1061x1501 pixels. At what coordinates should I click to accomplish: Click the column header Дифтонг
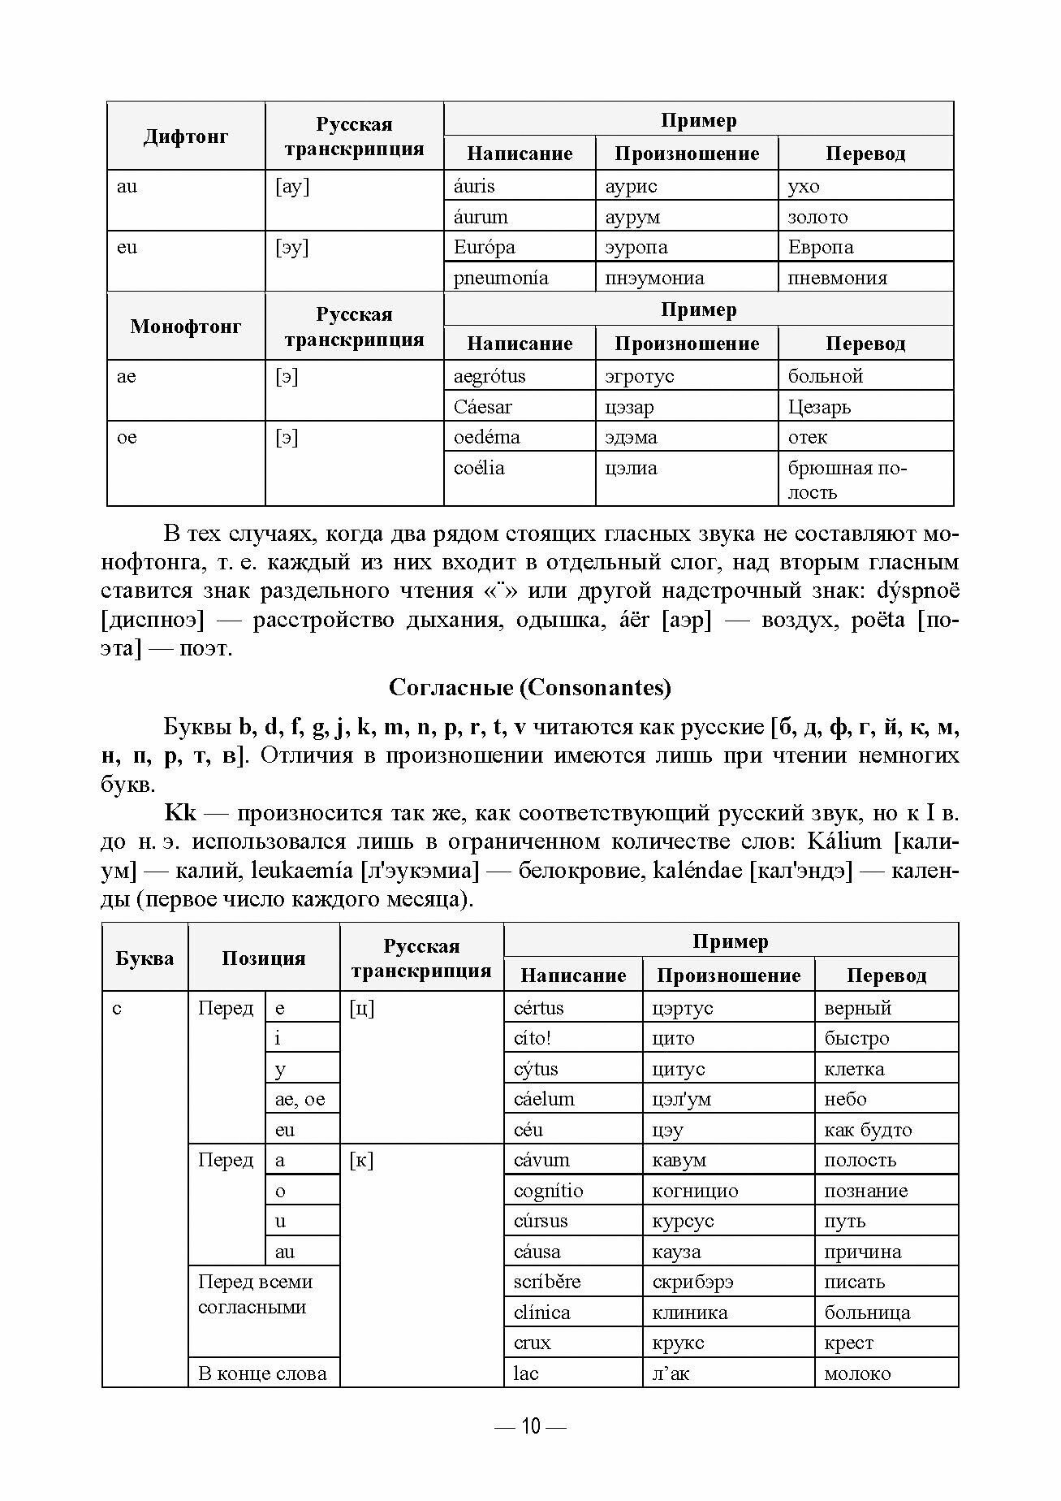[x=186, y=136]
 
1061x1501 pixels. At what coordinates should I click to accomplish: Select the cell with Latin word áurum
[x=481, y=217]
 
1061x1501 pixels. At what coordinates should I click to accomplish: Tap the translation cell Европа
[x=820, y=247]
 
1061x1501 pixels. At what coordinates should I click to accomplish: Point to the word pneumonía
[x=500, y=278]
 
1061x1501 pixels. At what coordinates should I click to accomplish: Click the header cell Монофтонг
[x=186, y=327]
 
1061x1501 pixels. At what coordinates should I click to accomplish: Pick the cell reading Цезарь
[x=819, y=407]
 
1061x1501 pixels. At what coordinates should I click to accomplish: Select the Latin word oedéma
[x=486, y=437]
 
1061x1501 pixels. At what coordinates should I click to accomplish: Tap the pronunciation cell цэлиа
[x=631, y=468]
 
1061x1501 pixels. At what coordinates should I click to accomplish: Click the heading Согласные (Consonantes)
[x=530, y=688]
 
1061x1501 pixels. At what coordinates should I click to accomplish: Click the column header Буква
[x=144, y=958]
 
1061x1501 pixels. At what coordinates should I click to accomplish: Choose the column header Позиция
[x=263, y=958]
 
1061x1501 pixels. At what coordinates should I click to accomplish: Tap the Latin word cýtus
[x=536, y=1069]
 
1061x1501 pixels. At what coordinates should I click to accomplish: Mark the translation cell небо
[x=845, y=1099]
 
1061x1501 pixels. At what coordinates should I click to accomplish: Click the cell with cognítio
[x=548, y=1191]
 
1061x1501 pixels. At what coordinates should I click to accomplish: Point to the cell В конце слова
[x=262, y=1373]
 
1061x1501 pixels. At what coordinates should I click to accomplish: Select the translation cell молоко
[x=857, y=1373]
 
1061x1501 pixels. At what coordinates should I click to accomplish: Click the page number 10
[x=530, y=1426]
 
